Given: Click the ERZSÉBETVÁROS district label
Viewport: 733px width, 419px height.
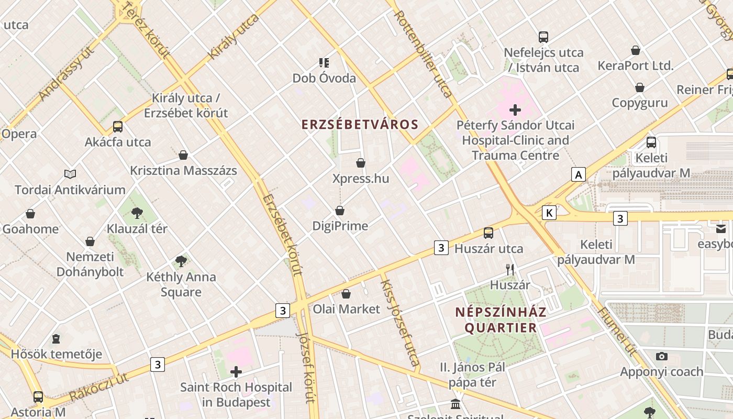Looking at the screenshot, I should coord(360,125).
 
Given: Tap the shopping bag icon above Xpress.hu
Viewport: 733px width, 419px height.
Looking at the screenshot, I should coord(360,163).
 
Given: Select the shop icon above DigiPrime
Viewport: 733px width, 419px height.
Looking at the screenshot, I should coord(340,211).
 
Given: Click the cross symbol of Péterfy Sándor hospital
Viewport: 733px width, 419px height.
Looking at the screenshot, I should coord(515,110).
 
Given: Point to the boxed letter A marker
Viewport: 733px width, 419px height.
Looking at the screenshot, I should coord(578,174).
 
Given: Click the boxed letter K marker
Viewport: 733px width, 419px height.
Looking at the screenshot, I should coord(549,213).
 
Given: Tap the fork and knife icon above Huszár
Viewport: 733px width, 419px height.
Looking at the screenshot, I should coord(510,270).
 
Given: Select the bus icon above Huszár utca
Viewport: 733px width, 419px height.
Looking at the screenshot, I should coord(488,233).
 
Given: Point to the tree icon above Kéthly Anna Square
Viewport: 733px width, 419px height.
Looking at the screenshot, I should coord(181,261).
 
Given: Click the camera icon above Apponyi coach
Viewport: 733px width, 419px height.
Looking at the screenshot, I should coord(661,356).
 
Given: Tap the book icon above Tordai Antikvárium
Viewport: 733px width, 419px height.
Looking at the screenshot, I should coord(70,174).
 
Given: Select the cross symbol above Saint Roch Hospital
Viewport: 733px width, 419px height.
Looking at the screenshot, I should coord(236,372).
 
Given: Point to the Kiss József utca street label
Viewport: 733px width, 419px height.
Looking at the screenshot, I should coord(400,322).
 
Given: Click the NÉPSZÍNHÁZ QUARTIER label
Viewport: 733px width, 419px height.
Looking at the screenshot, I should coord(501,320).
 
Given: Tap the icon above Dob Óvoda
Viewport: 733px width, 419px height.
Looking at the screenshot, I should coord(324,63).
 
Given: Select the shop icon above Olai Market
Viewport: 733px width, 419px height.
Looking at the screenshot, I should coord(346,294).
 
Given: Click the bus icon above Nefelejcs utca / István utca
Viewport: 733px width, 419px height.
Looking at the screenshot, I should coord(543,37).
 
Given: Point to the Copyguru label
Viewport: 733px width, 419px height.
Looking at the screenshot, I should coord(640,103).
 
